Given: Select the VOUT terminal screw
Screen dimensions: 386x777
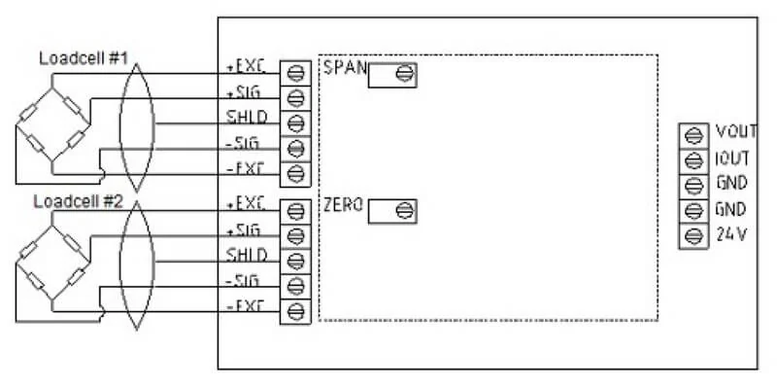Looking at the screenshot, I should coord(693,133).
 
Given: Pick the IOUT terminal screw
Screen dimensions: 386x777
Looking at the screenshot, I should coord(693,158).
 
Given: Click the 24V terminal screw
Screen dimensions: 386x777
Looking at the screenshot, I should coord(693,234).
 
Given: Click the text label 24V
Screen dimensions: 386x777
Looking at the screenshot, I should coord(731,234).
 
